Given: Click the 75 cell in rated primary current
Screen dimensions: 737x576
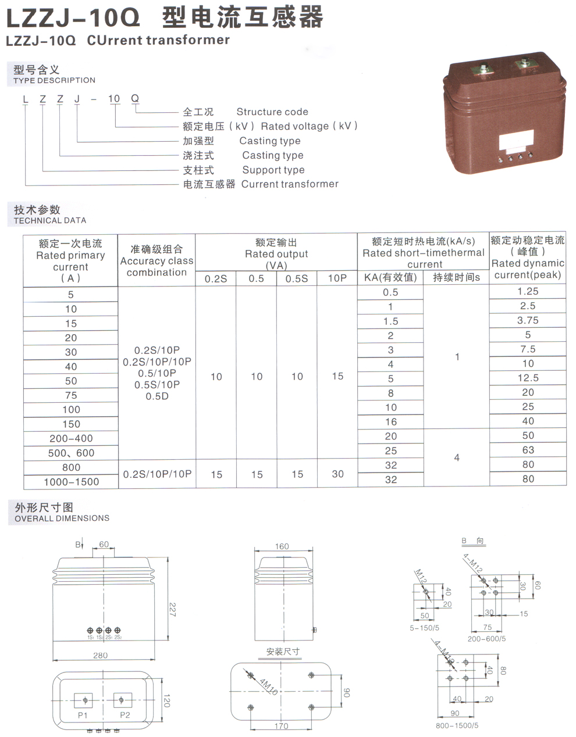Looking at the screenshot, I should (x=71, y=395).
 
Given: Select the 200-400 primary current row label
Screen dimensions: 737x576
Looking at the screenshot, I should (x=71, y=438).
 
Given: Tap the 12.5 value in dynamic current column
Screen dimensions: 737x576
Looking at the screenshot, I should (x=528, y=378).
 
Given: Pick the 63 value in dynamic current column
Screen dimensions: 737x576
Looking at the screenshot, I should (x=528, y=450).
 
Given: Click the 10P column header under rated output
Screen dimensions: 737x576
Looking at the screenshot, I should (x=337, y=278).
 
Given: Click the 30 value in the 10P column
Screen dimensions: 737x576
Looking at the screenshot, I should (x=337, y=474).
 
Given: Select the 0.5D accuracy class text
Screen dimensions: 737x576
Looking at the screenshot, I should (x=157, y=396).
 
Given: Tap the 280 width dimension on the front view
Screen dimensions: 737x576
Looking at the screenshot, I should (x=101, y=655).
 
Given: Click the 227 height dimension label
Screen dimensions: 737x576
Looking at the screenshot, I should (x=173, y=609).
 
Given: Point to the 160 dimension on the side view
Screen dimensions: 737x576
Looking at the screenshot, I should (x=282, y=546).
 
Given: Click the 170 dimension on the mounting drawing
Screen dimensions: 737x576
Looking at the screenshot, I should (x=281, y=726).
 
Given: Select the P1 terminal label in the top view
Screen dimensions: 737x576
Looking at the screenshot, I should (x=83, y=715).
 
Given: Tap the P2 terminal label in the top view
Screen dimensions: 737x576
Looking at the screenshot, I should (x=125, y=715).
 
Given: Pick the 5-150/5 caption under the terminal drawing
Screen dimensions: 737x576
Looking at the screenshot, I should (x=425, y=628).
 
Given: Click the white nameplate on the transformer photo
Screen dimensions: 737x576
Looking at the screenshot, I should (x=516, y=141).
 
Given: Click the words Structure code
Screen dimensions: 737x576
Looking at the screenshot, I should (x=272, y=112).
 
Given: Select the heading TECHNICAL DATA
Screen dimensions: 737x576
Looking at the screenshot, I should (x=50, y=221).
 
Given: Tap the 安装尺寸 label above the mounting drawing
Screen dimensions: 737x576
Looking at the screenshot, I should (x=283, y=652).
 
